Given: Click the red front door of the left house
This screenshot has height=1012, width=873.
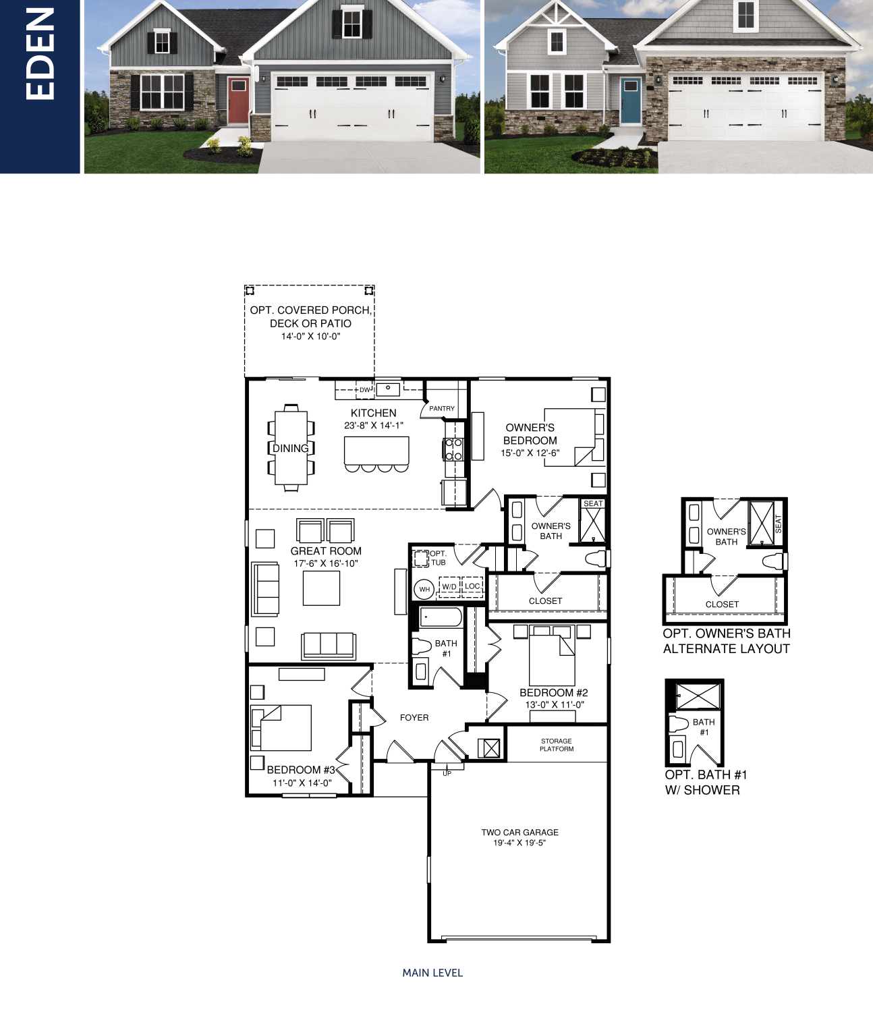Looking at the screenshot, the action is (238, 101).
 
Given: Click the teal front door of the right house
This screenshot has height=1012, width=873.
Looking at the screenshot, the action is (631, 101).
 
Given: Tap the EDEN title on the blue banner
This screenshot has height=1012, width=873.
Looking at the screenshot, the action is (40, 55).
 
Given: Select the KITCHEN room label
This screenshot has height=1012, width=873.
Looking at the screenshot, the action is (374, 413).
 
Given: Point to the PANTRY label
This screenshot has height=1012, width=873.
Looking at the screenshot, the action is (442, 408).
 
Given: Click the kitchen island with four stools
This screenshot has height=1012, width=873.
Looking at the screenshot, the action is (376, 451).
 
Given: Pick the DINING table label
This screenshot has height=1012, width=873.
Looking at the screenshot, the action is (291, 448).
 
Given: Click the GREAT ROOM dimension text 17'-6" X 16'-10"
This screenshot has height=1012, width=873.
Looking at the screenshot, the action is (326, 563).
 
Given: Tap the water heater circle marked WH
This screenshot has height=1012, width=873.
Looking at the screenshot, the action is (424, 589).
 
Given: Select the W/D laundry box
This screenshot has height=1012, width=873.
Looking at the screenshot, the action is (449, 586).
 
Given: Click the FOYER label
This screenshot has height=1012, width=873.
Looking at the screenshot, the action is (414, 717).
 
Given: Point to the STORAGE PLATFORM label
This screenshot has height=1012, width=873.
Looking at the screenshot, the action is (557, 745).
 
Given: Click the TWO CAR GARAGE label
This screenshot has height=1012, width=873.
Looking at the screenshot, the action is (520, 833).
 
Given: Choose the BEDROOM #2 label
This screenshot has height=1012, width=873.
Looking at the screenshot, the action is (554, 693).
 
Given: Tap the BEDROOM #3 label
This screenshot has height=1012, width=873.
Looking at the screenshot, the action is (301, 770).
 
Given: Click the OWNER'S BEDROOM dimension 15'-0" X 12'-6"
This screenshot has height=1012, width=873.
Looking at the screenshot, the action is (530, 453).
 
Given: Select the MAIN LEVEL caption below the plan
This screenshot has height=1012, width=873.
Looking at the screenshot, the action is (432, 973).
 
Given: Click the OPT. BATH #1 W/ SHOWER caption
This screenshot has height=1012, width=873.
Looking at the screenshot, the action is (706, 783).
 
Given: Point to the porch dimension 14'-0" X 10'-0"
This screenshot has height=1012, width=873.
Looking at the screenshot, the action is (310, 337).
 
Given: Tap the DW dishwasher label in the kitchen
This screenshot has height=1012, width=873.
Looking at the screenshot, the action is (365, 390).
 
